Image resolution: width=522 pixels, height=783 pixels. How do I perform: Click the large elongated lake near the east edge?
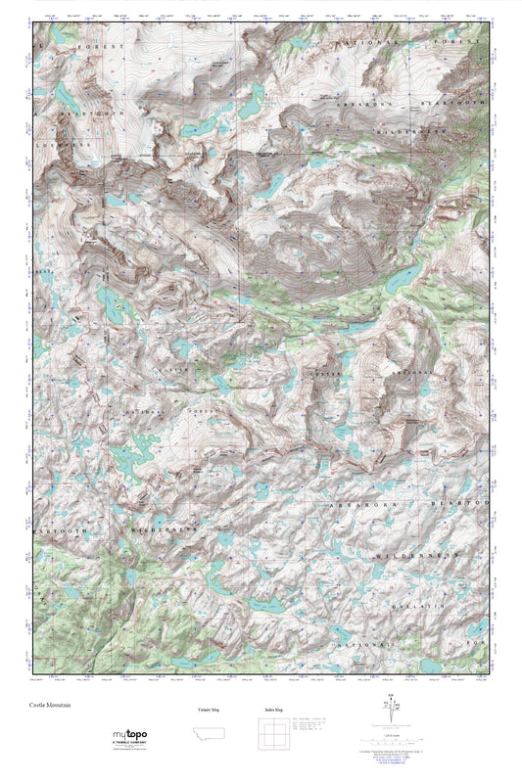pos(403,280)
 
